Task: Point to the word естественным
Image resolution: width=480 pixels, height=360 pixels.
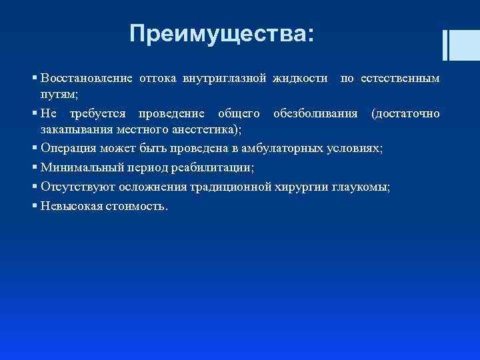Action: coord(400,79)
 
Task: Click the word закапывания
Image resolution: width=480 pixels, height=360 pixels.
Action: coord(74,130)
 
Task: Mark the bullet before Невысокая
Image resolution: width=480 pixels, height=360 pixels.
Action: coord(35,205)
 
